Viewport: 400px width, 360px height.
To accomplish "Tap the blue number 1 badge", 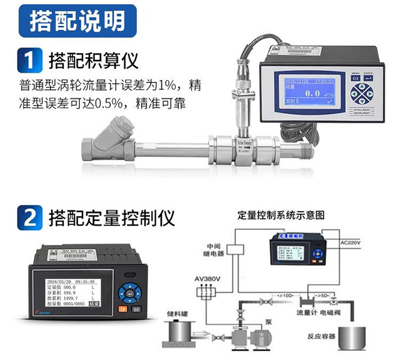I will click(28, 62).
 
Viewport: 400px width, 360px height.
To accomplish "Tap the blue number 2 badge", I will click(28, 218).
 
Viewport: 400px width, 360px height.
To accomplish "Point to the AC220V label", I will click(353, 244).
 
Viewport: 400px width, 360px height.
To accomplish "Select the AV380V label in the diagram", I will click(207, 279).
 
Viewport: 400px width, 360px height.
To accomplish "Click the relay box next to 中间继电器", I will click(237, 247).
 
